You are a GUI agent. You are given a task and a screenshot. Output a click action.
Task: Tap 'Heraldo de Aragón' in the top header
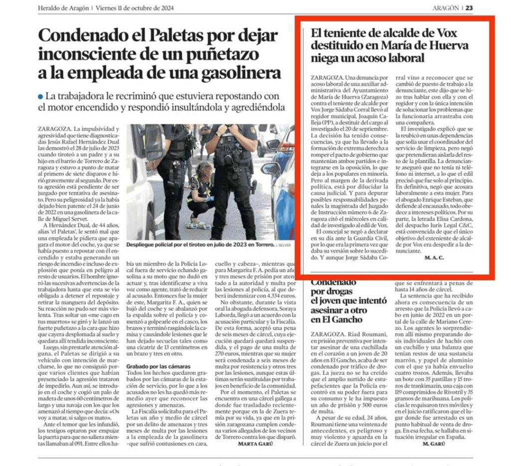point(64,8)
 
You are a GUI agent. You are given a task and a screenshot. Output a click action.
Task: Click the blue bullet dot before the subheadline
point(40,96)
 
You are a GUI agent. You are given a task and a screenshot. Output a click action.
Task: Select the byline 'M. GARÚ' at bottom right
point(433,443)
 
